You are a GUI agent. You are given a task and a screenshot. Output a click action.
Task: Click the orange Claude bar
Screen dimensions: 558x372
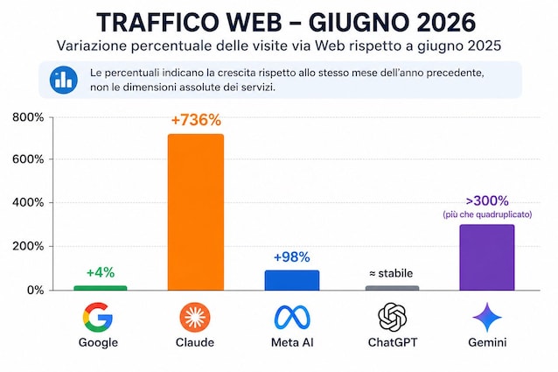[x=196, y=212]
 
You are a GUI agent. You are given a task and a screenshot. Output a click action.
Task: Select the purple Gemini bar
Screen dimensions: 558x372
[x=487, y=257]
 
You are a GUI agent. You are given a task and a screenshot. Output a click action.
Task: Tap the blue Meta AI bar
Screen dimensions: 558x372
[x=292, y=280]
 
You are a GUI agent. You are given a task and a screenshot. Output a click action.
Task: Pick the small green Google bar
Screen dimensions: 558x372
[x=101, y=288]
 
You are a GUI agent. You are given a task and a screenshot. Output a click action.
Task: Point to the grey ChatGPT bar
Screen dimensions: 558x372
[x=392, y=288]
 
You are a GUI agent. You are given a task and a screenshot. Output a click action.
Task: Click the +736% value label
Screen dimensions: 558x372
[x=196, y=120]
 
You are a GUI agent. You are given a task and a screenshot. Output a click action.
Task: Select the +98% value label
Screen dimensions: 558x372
[x=292, y=257]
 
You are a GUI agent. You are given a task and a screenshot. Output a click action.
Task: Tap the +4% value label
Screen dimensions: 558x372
[x=101, y=273]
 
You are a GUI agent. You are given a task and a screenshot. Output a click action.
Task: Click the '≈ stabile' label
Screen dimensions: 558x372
[x=391, y=273]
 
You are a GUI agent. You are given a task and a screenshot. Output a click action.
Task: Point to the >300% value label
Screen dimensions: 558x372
[x=487, y=201]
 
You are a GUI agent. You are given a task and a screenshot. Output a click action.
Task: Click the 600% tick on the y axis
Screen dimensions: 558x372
[x=28, y=159]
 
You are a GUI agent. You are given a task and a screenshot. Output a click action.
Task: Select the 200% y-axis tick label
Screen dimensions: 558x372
[x=28, y=246]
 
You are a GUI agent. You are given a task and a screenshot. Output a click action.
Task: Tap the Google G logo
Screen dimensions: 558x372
[x=98, y=317]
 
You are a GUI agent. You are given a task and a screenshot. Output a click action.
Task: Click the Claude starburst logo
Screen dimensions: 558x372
[x=195, y=317]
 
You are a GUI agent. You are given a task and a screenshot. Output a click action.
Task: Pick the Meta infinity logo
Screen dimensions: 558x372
[x=292, y=317]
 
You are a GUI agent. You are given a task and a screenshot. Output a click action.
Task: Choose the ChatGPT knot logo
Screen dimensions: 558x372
[x=392, y=317]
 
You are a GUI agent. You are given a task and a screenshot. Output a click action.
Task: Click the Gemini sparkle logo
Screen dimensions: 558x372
[x=487, y=317]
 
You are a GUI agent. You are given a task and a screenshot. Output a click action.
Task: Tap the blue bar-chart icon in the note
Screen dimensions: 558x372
[x=64, y=80]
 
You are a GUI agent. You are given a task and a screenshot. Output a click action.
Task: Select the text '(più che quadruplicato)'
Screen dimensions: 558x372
[x=487, y=214]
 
